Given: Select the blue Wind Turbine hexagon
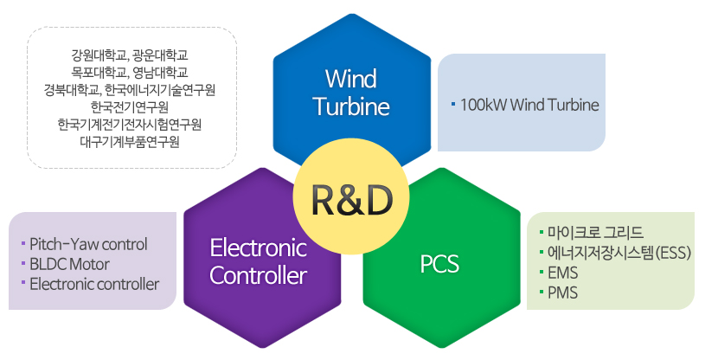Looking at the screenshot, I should point(351,91).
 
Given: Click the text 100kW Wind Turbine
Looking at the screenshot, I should point(529,105).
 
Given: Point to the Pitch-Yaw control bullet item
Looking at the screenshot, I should point(88,243).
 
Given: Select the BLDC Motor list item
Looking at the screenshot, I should point(69,263).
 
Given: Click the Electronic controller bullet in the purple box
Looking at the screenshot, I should point(93,283).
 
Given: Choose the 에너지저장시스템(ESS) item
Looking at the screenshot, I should point(616,253).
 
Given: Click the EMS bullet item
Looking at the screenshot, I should point(563,273).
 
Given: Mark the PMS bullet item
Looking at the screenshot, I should point(563,292).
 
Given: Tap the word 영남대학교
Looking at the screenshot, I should point(162,73).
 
